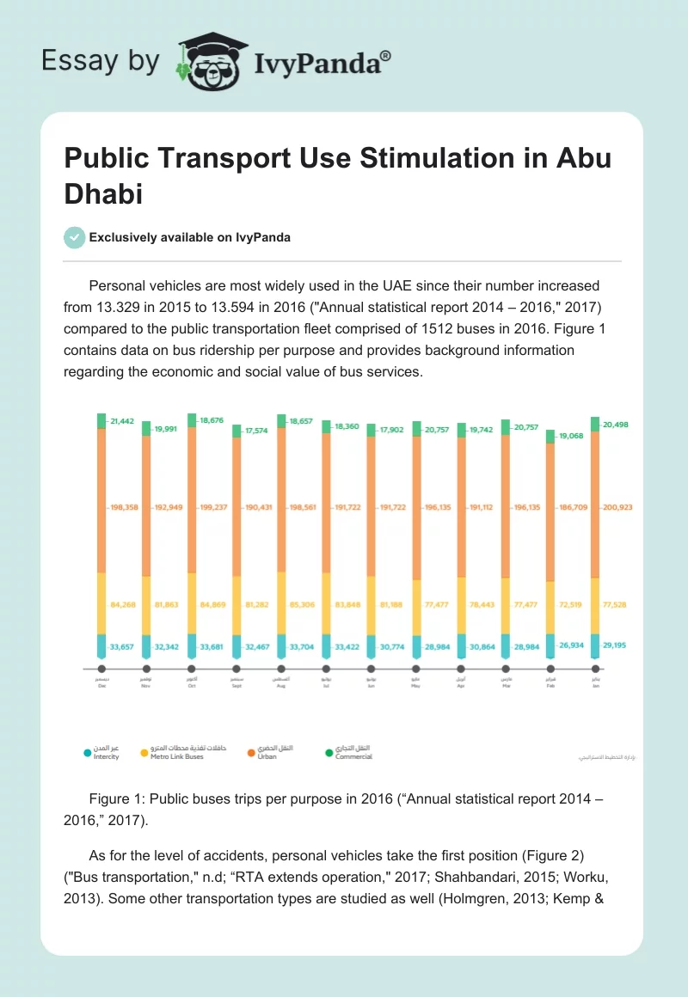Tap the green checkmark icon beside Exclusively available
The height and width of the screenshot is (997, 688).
pyautogui.click(x=75, y=237)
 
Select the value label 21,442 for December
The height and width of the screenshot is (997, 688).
pyautogui.click(x=123, y=419)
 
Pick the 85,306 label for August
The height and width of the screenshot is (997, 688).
pyautogui.click(x=302, y=605)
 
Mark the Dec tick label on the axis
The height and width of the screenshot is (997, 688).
pyautogui.click(x=101, y=686)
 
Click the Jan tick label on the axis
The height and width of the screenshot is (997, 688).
pyautogui.click(x=595, y=686)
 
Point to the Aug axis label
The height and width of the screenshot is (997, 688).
pyautogui.click(x=281, y=686)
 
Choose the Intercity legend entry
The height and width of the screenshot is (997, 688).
pyautogui.click(x=107, y=756)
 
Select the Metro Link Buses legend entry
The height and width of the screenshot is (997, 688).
pyautogui.click(x=175, y=756)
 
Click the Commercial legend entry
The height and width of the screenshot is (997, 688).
pyautogui.click(x=353, y=756)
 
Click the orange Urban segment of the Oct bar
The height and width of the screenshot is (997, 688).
pyautogui.click(x=191, y=498)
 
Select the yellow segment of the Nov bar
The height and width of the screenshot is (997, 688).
pyautogui.click(x=146, y=605)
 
